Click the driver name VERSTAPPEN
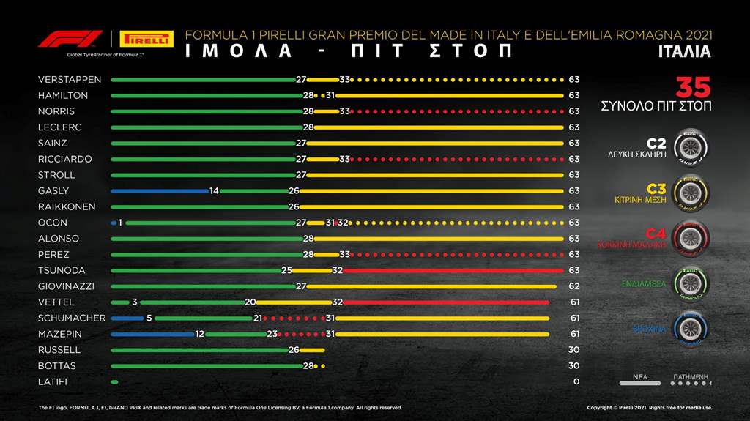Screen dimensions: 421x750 (x=70, y=79)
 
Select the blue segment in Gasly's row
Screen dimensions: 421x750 (x=159, y=191)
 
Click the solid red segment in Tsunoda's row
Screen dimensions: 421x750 (x=451, y=270)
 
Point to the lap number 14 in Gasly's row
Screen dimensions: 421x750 (x=214, y=191)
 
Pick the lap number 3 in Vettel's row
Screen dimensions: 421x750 (x=135, y=302)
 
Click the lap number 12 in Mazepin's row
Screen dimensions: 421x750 (x=199, y=334)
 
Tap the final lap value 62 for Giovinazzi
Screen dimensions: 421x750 (x=574, y=286)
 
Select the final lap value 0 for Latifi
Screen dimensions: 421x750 (x=576, y=381)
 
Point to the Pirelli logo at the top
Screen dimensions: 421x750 (x=146, y=39)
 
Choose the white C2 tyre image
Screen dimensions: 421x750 (x=690, y=146)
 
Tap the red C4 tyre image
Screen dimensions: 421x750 (x=690, y=237)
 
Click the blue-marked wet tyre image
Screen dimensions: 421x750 (x=690, y=329)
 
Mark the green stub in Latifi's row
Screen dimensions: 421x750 (x=114, y=381)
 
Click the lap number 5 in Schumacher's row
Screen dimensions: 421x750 (x=149, y=318)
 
